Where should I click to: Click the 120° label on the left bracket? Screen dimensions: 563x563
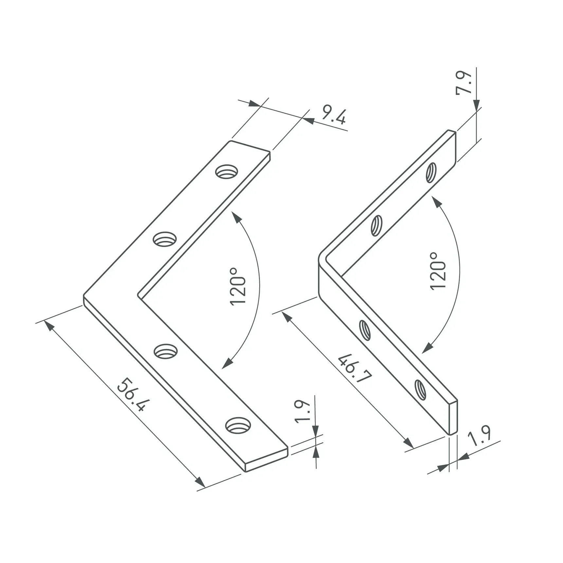coord(238,287)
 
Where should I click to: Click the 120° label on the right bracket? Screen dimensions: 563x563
coord(438,271)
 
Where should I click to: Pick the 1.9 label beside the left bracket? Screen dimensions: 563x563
coord(302,412)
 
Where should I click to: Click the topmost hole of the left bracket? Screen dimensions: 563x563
coord(227,172)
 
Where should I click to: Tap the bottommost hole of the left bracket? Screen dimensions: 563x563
coord(238,426)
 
